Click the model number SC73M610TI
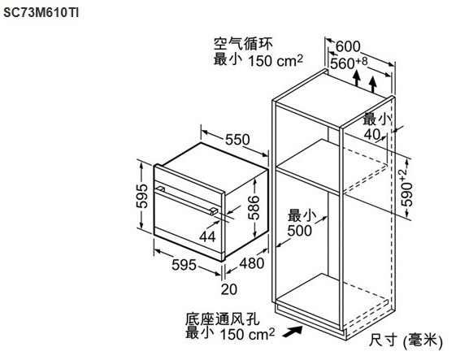pyautogui.click(x=41, y=13)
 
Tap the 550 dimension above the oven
pyautogui.click(x=237, y=139)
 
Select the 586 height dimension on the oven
pyautogui.click(x=254, y=208)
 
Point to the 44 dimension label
pyautogui.click(x=207, y=236)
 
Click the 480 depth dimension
pyautogui.click(x=251, y=263)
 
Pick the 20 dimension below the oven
pyautogui.click(x=229, y=289)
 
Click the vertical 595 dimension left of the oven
pyautogui.click(x=141, y=196)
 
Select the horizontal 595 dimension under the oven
pyautogui.click(x=184, y=265)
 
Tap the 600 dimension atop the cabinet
pyautogui.click(x=348, y=46)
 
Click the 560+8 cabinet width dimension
pyautogui.click(x=349, y=63)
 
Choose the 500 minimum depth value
pyautogui.click(x=299, y=231)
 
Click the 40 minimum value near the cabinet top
pyautogui.click(x=371, y=134)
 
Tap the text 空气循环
pyautogui.click(x=243, y=45)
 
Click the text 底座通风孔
pyautogui.click(x=222, y=319)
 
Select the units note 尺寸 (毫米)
pyautogui.click(x=406, y=340)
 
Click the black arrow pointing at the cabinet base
pyautogui.click(x=293, y=332)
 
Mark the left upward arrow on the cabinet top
pyautogui.click(x=356, y=79)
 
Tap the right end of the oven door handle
pyautogui.click(x=214, y=210)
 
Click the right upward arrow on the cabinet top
pyautogui.click(x=373, y=85)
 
